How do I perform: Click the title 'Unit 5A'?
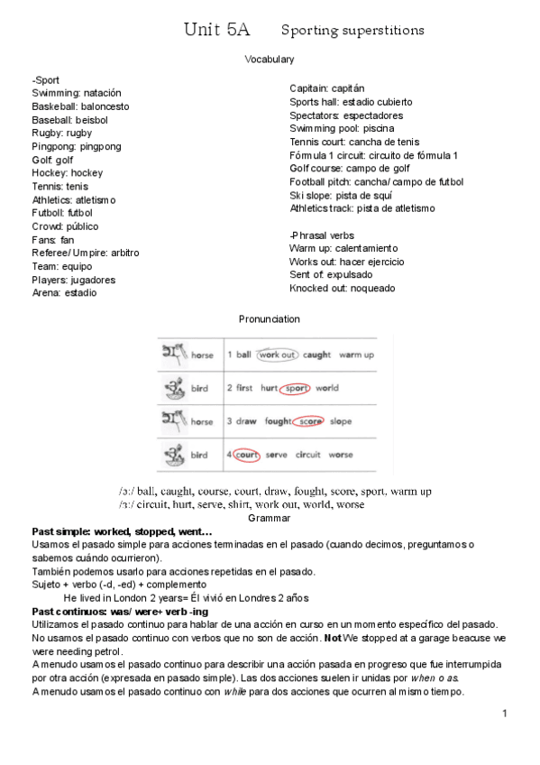216,30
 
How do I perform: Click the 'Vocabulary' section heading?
270,60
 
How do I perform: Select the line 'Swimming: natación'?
77,93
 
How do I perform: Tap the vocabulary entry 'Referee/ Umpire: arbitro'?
86,253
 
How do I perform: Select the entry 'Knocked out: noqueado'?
342,289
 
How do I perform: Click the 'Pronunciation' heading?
270,319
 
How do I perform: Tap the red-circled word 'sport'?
295,388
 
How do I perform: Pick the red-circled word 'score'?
310,421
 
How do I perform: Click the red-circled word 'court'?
246,455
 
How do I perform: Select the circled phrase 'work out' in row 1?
277,355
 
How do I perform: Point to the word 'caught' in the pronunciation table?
316,355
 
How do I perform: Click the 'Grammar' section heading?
270,518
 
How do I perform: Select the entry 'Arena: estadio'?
64,293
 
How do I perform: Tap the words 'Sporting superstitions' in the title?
352,31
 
